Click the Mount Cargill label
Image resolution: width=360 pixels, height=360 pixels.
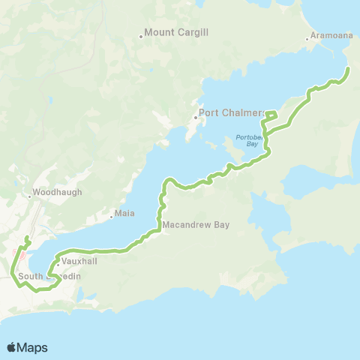176,32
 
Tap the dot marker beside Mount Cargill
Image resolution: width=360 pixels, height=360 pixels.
140,36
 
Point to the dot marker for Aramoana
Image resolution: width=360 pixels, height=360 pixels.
307,40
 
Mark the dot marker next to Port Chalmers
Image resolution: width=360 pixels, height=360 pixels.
195,117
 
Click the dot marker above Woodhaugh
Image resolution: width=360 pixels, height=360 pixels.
30,197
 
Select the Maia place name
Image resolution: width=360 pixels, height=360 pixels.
125,214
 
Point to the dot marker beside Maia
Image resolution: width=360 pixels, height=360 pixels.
111,214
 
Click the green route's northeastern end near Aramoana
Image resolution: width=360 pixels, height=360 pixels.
348,69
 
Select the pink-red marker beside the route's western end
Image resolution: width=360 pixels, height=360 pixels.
21,255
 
